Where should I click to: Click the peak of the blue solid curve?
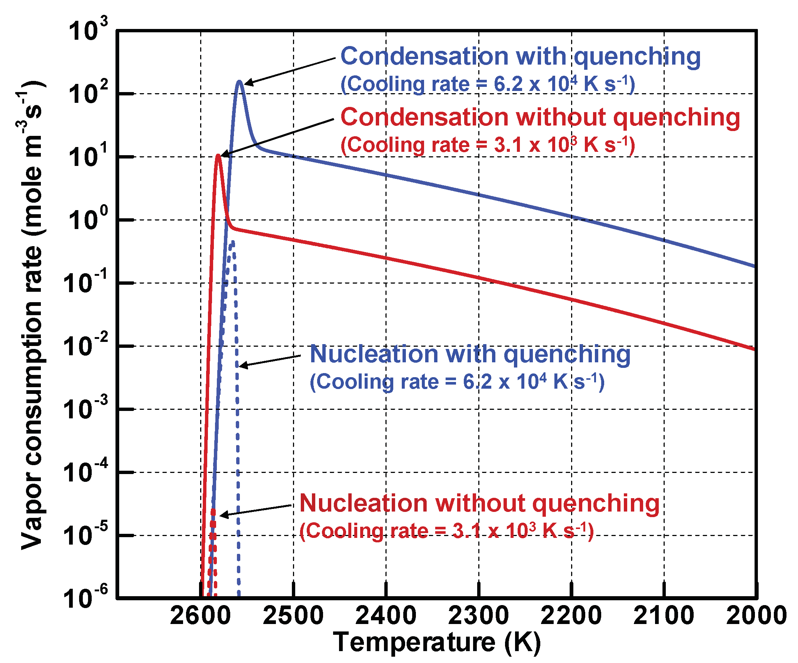(x=240, y=81)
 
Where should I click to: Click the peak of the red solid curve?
(x=218, y=155)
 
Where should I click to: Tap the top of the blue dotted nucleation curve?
(x=232, y=242)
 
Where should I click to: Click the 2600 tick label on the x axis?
(x=200, y=615)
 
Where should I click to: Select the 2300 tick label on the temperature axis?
(x=478, y=615)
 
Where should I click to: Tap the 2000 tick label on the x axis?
(x=756, y=615)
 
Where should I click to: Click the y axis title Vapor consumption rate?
(x=32, y=316)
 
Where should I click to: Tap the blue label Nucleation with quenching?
(x=470, y=354)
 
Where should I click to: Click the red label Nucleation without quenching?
(x=479, y=503)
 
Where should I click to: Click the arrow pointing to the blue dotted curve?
(x=270, y=361)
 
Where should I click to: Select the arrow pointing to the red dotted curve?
(x=255, y=510)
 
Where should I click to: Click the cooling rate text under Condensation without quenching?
(x=488, y=145)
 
